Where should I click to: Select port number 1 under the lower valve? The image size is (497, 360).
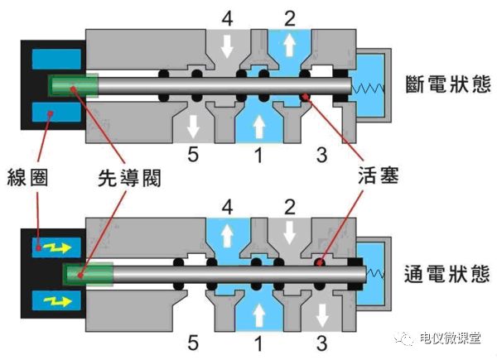[258, 340]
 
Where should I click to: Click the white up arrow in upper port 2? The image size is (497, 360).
[289, 45]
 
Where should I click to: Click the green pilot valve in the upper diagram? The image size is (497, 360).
[73, 85]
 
